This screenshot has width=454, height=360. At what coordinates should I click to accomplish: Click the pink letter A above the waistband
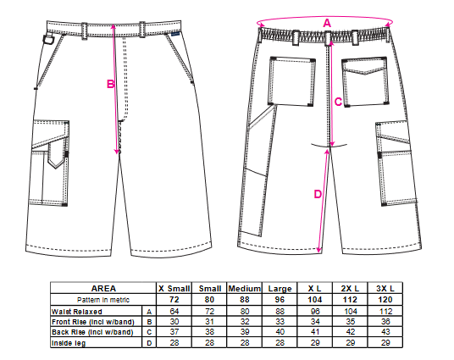coord(327,23)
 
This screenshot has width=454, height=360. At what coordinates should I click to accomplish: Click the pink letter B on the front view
coord(111,84)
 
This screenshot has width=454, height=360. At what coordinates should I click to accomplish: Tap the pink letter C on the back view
coord(338,102)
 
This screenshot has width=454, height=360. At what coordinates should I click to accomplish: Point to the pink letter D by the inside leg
coord(318,194)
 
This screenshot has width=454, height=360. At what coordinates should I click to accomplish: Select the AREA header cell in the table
coord(103,289)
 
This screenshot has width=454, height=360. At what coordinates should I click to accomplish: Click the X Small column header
coord(174,289)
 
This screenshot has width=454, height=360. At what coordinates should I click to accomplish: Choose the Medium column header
coord(245,289)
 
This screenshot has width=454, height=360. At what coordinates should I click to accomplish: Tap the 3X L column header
coord(385,289)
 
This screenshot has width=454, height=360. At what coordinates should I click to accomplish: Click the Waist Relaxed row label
coord(77,312)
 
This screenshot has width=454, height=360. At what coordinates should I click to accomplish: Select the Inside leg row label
coord(69,343)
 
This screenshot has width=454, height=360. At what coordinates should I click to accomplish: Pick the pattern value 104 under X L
coord(315,300)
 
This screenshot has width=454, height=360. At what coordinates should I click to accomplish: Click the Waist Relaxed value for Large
coord(280,312)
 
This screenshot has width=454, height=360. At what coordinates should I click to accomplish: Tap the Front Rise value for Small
coord(209,322)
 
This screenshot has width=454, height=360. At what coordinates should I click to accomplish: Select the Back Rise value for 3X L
coord(385,331)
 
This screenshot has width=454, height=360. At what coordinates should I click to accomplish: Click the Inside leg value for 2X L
coord(350,343)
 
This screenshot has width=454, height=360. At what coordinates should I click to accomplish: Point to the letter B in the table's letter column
coord(149,322)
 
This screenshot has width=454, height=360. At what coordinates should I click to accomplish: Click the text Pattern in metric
coord(103,300)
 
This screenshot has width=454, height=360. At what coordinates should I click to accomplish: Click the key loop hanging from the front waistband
coord(48,39)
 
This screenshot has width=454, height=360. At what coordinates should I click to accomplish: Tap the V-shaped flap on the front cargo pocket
coord(57,155)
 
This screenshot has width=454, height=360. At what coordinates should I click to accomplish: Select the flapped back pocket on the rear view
coord(365,81)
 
